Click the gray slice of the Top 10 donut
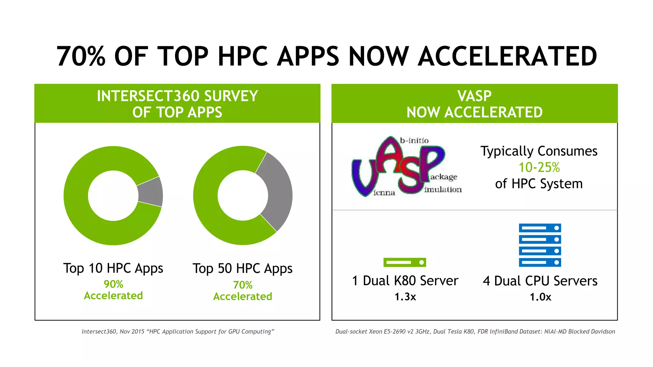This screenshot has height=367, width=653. [x=150, y=192]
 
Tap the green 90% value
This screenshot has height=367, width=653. [x=113, y=284]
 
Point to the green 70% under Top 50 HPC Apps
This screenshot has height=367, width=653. [x=243, y=285]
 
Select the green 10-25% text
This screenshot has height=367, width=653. [x=539, y=167]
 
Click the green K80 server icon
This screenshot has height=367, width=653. [x=405, y=263]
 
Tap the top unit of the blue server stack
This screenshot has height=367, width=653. [x=540, y=228]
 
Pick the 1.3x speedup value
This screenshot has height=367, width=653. [x=405, y=297]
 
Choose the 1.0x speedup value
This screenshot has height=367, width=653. [x=540, y=297]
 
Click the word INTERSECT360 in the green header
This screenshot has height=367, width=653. [x=149, y=96]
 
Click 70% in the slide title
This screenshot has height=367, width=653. [x=81, y=56]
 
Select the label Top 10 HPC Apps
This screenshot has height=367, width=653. [x=113, y=268]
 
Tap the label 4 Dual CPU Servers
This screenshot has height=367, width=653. [x=540, y=281]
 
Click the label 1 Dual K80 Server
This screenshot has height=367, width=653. [x=405, y=281]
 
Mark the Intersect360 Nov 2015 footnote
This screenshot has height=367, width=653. [x=178, y=332]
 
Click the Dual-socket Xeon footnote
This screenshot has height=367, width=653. [x=475, y=332]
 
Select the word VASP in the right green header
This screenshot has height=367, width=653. [x=474, y=96]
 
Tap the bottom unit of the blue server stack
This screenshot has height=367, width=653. [x=540, y=263]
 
